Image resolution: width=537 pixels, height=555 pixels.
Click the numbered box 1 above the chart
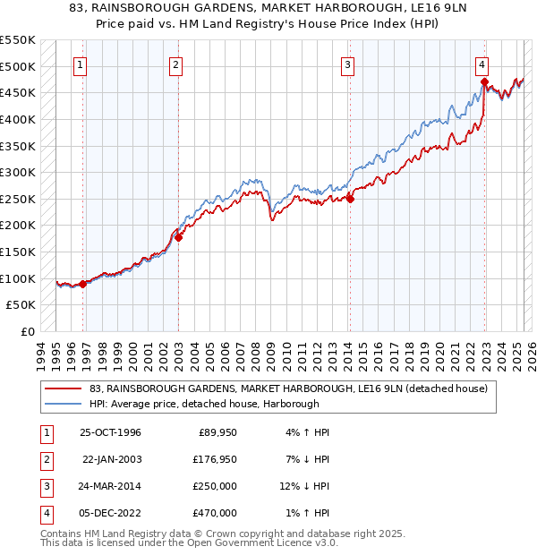81,64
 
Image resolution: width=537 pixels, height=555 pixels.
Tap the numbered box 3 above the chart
347,64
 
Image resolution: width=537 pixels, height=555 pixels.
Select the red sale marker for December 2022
484,82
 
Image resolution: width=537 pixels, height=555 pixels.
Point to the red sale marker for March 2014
350,200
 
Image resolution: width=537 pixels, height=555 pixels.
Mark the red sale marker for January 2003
178,237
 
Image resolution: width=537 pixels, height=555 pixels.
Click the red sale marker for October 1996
83,284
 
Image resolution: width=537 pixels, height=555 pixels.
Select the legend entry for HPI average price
217,404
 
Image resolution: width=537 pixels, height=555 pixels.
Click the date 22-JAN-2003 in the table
112,460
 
